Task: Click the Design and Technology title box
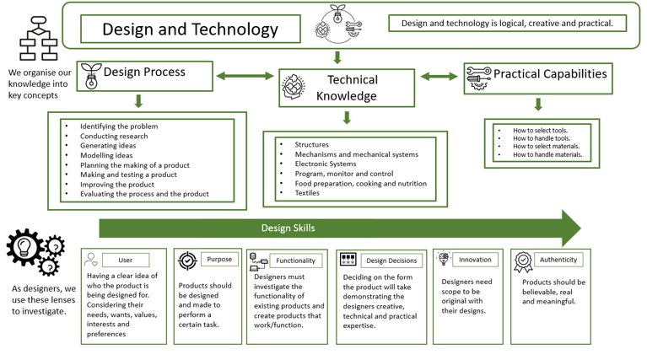point(190,30)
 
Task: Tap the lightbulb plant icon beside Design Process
point(90,76)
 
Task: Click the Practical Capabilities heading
point(549,74)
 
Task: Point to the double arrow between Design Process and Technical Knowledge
point(245,77)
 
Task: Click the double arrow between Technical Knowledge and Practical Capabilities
point(439,77)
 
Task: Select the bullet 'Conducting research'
point(114,137)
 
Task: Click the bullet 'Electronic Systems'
point(326,164)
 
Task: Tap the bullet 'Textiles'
point(307,193)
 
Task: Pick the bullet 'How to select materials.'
point(547,146)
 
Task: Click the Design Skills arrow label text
point(288,228)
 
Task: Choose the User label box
point(126,261)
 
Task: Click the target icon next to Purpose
point(187,261)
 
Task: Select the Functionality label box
point(295,261)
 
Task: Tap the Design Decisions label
point(391,261)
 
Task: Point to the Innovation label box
point(475,260)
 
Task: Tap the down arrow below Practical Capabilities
point(538,105)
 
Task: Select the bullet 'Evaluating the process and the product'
point(144,194)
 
